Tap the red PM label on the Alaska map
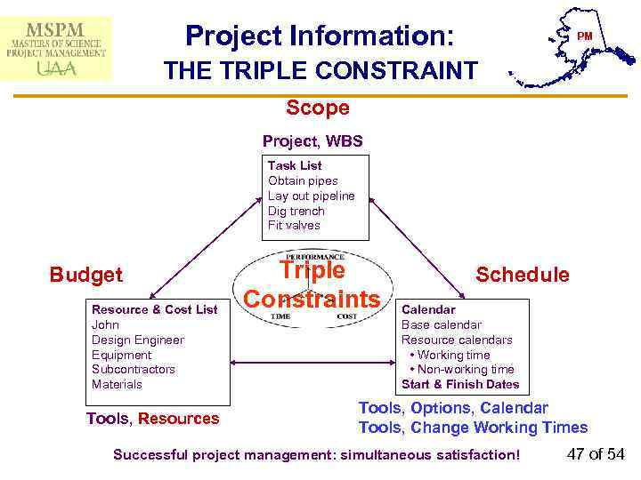(x=584, y=36)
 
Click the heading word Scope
(x=318, y=108)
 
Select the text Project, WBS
(x=312, y=141)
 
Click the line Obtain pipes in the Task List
(x=303, y=180)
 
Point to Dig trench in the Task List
(x=296, y=211)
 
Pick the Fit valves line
(x=294, y=226)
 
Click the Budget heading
(x=86, y=275)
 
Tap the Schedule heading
(x=523, y=275)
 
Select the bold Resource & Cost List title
(x=154, y=309)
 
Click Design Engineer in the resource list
(x=138, y=340)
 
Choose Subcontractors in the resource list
(x=134, y=369)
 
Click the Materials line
(x=117, y=384)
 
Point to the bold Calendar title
(x=428, y=309)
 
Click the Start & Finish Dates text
(x=460, y=385)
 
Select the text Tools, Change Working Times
(x=473, y=428)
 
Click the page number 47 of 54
(x=596, y=454)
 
